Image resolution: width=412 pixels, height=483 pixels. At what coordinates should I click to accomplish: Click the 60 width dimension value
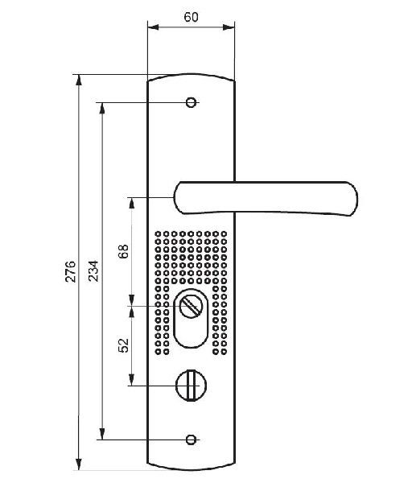point(191,17)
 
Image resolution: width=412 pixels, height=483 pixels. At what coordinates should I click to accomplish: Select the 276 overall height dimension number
point(71,271)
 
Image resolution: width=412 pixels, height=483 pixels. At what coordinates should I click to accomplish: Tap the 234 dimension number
point(93,271)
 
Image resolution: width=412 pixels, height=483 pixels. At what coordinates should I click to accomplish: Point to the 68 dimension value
point(123,251)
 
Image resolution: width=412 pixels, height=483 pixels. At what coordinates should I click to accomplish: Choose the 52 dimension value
point(123,345)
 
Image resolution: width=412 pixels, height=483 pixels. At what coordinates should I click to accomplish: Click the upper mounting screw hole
point(191,102)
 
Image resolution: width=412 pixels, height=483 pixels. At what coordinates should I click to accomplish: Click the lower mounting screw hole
point(191,440)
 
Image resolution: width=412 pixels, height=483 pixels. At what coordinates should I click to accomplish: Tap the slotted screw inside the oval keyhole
point(190,306)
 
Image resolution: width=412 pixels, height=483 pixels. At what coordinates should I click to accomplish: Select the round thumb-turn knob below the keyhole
point(191,385)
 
